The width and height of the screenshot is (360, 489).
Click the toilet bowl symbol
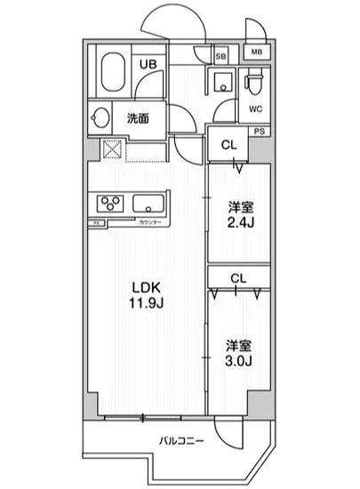[254, 84]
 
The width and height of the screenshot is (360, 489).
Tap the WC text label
[254, 110]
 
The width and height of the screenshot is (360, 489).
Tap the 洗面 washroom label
[136, 116]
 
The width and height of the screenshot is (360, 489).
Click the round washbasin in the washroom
[100, 118]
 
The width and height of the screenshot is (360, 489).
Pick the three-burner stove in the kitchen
[109, 204]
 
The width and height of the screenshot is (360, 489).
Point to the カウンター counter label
[148, 223]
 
